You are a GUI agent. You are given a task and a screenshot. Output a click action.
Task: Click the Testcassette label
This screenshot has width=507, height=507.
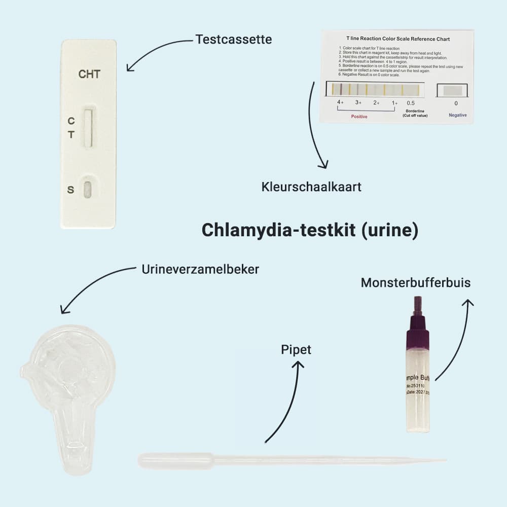click(233, 39)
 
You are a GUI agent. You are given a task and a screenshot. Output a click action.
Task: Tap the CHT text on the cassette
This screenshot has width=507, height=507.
click(89, 75)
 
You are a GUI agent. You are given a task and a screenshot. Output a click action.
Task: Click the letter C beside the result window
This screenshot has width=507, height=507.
click(71, 121)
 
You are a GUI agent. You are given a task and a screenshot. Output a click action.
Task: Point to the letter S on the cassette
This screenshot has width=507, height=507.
click(70, 190)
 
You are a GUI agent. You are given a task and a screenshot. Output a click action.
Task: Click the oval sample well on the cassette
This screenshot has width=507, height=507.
click(88, 190)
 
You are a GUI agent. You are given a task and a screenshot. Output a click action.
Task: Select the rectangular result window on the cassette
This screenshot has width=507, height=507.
click(89, 128)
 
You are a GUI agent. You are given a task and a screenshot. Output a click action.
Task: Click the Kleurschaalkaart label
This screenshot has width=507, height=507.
click(311, 187)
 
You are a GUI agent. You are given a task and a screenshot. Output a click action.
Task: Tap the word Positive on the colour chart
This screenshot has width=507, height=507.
click(359, 117)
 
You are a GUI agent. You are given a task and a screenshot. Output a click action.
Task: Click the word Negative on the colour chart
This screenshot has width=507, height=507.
click(457, 116)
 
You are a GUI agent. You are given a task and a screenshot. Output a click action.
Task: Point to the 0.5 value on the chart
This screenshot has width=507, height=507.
click(411, 103)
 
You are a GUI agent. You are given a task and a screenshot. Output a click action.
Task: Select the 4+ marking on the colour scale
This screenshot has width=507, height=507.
click(340, 102)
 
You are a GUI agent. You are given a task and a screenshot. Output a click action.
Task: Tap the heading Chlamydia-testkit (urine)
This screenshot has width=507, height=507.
click(310, 230)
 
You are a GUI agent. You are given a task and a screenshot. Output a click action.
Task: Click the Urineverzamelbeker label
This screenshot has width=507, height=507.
click(200, 269)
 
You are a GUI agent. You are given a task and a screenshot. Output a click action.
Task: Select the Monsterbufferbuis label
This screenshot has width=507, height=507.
click(415, 282)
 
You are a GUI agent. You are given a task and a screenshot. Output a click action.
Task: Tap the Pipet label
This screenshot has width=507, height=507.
click(296, 349)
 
